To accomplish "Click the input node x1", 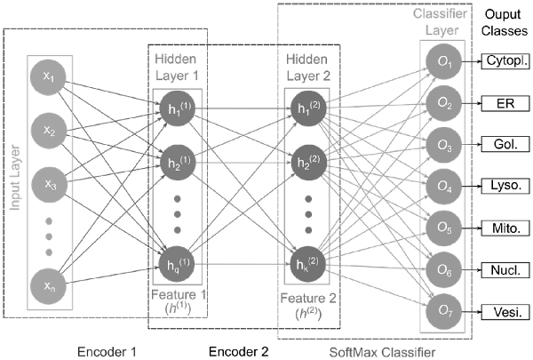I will pyautogui.click(x=50, y=78).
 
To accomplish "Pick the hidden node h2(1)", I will pyautogui.click(x=173, y=164).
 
